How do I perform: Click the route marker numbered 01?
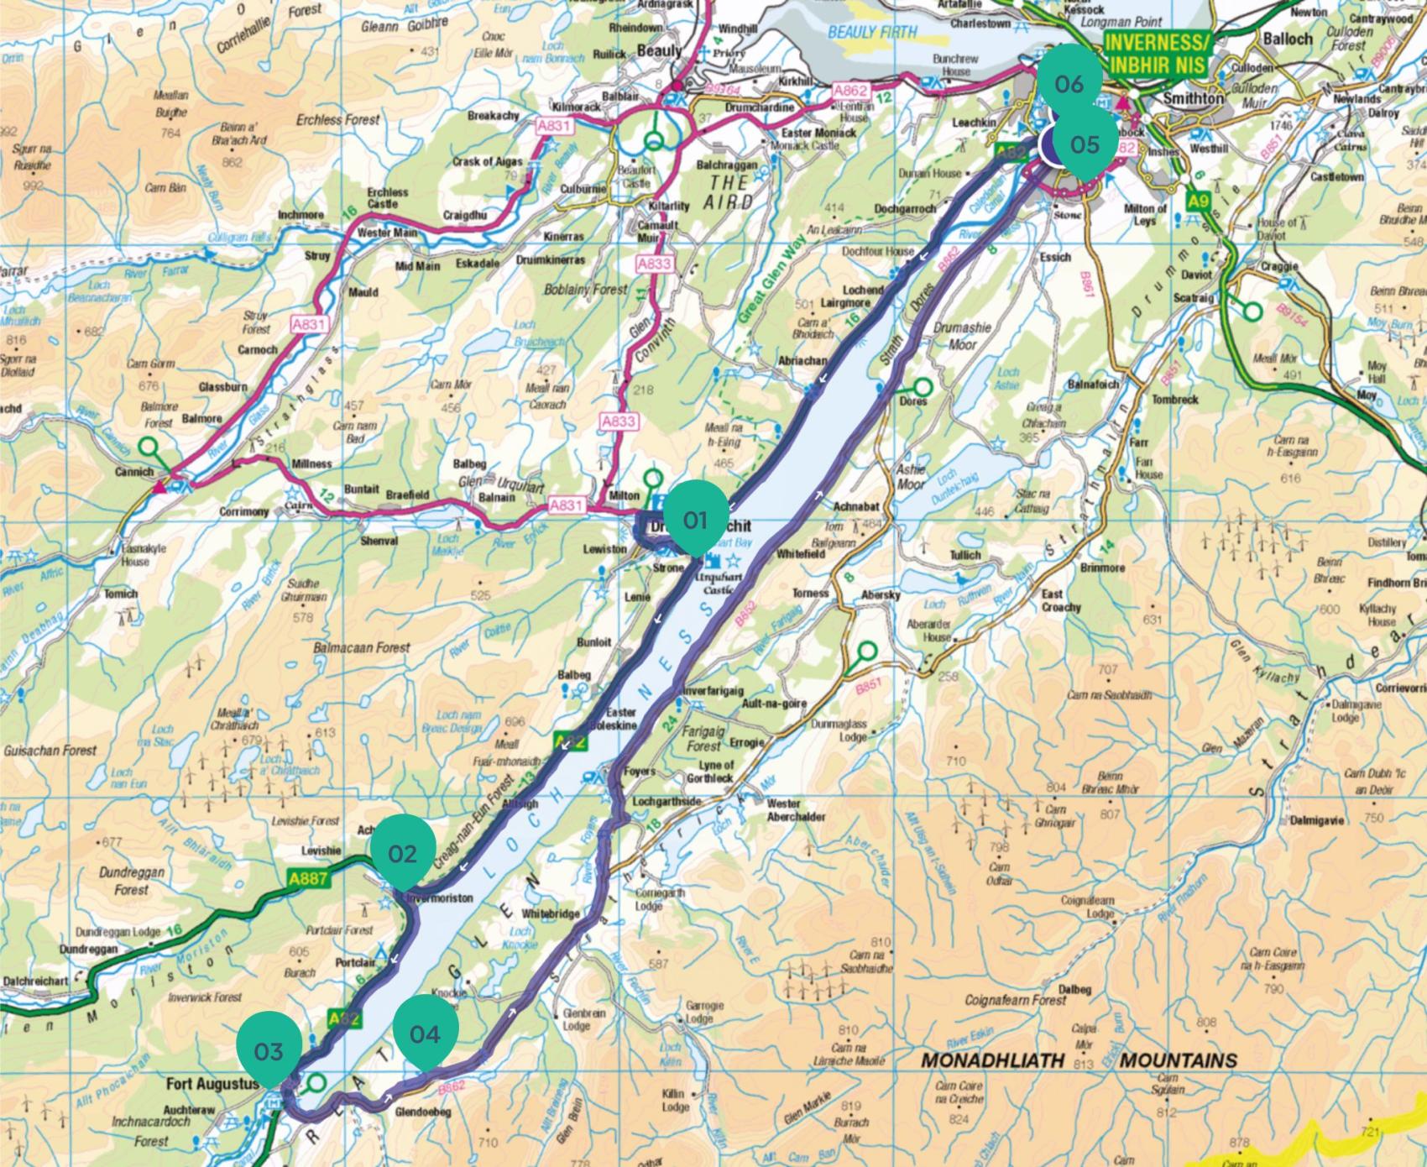(695, 521)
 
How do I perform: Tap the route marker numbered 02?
(402, 853)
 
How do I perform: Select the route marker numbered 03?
(268, 1051)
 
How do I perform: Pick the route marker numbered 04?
(425, 1034)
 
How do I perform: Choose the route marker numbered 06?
(1069, 83)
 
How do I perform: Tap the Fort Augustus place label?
(212, 1084)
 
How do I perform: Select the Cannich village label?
(134, 472)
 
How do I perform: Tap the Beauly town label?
(659, 51)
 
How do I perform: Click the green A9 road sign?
(1198, 201)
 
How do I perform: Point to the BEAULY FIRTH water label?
(873, 33)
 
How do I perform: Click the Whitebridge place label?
(551, 913)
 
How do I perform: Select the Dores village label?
(913, 401)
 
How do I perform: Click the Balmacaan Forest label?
(362, 647)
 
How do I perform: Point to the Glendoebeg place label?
(423, 1112)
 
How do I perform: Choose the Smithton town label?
(1193, 98)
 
